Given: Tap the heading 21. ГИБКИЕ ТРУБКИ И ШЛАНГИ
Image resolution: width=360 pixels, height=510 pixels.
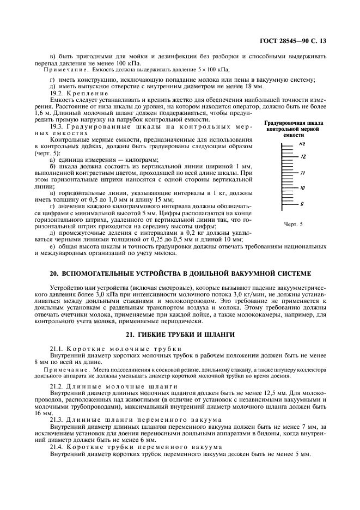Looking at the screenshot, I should click(180, 334).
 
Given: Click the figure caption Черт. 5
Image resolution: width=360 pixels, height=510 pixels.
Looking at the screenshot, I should click(293, 223).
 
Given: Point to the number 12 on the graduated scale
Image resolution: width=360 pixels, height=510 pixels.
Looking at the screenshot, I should click(303, 156).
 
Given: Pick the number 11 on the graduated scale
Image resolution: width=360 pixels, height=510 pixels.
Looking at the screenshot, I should click(303, 173).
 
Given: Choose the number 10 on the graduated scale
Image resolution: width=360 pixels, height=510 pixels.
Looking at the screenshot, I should click(303, 188).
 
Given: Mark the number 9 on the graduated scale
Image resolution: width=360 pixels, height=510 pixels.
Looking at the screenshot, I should click(302, 203).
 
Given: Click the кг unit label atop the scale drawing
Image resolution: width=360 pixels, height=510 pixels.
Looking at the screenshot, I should click(302, 143).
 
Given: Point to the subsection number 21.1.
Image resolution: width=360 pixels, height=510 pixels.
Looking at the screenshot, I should click(57, 348).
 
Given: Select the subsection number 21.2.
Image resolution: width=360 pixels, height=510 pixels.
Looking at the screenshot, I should click(57, 385).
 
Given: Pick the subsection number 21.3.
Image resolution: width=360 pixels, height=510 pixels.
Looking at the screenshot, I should click(57, 419).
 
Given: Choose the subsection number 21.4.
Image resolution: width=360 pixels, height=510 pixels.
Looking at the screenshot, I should click(57, 447).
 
